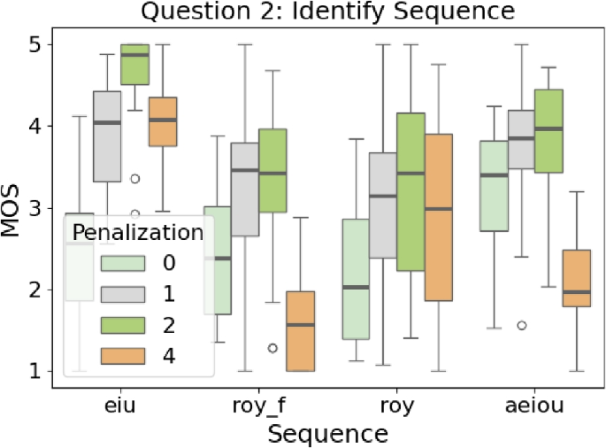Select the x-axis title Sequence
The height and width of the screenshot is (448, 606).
coord(328,433)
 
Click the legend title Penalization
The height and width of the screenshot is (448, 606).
coord(138,233)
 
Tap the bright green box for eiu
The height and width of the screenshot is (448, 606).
coord(134,64)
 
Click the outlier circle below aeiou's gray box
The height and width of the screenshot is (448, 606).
coord(522,325)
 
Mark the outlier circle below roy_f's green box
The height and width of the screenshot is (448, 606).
coord(273,348)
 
